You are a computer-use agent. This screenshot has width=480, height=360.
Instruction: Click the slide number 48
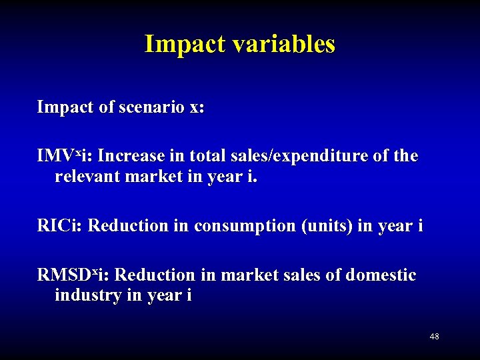click(434, 337)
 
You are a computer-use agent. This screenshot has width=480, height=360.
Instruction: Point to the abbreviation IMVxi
click(65, 156)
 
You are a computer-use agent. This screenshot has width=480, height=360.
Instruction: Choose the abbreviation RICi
click(60, 225)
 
